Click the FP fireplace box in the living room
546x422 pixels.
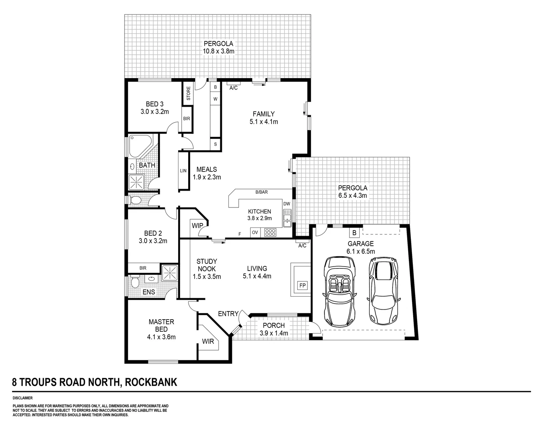[x=302, y=286]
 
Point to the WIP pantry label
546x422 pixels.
[x=197, y=226]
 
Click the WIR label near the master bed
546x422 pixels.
[x=208, y=341]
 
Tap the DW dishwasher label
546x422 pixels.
[x=287, y=204]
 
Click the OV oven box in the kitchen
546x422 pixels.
[x=255, y=232]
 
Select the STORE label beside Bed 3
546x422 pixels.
[x=188, y=94]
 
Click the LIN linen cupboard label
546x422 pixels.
[x=183, y=171]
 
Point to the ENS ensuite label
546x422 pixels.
[x=148, y=292]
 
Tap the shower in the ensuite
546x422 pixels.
[x=170, y=272]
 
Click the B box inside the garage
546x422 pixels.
[x=354, y=233]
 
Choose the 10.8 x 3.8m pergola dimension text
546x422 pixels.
[x=218, y=51]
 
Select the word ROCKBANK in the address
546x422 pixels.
[x=151, y=382]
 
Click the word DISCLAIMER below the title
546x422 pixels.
[x=23, y=398]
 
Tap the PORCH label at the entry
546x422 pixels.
[x=273, y=325]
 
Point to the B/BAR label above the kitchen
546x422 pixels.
[x=261, y=192]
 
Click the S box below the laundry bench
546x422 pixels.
[x=216, y=144]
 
